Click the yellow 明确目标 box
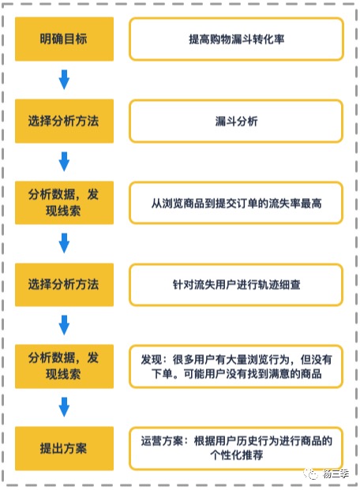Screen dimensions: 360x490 tap(64, 39)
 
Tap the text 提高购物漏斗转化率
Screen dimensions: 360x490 tap(237, 39)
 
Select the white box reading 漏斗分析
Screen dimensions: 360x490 tap(237, 121)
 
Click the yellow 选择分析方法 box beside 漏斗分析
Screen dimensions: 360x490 tap(64, 121)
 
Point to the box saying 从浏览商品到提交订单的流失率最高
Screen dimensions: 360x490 tap(237, 203)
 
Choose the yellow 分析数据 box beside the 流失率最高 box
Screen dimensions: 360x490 tap(64, 203)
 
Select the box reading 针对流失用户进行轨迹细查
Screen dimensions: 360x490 tap(237, 285)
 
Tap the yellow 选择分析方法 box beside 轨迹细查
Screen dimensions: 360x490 tap(64, 285)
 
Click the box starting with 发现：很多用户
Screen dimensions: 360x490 tap(237, 366)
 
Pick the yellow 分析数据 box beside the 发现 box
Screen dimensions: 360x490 tap(64, 366)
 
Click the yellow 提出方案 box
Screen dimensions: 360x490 tap(64, 448)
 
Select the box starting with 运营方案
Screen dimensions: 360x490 tap(237, 448)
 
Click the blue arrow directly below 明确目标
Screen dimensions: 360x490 tap(64, 80)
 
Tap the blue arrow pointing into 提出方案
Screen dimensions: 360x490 tap(64, 407)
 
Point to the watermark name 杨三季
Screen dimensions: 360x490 tap(336, 474)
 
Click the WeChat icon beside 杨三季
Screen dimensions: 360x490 tap(310, 474)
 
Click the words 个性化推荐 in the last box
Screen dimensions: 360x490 tap(237, 455)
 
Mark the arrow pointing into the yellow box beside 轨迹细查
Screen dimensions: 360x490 tap(64, 243)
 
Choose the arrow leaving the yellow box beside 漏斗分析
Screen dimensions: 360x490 tap(64, 161)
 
